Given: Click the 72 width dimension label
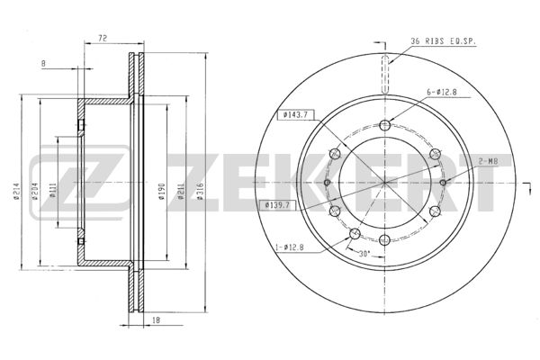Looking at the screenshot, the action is (x=103, y=38).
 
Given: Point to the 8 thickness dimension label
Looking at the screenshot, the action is (x=43, y=63).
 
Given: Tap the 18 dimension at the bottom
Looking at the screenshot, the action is (x=156, y=320).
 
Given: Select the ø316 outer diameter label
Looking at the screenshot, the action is (x=201, y=192).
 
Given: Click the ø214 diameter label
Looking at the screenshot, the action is (x=16, y=192).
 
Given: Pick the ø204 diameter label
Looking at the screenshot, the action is (x=34, y=192).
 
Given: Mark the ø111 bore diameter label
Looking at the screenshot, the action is (x=53, y=191).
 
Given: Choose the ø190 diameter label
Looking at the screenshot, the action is (x=162, y=192).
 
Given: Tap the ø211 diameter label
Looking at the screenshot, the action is (x=181, y=192).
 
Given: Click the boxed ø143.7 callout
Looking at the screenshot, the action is (x=295, y=115).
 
